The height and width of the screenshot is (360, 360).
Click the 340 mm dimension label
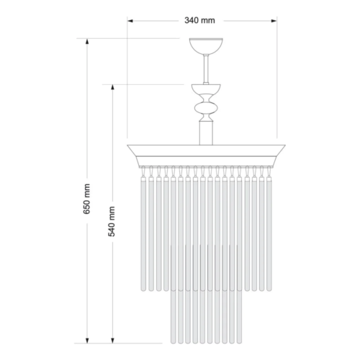tap(199, 20)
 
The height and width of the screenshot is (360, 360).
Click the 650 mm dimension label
tap(86, 199)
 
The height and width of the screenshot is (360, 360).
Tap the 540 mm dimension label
tap(112, 222)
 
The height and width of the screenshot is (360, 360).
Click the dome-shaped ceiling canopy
tap(206, 46)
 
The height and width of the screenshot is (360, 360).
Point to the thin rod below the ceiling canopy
tap(206, 69)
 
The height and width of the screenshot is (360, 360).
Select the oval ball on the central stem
tap(206, 108)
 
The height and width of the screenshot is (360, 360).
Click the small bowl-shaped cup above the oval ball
tap(206, 89)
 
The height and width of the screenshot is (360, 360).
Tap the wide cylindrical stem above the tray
tap(206, 133)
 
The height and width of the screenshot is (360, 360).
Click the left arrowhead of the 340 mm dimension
tap(130, 21)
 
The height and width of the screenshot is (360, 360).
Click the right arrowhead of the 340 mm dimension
tap(274, 21)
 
